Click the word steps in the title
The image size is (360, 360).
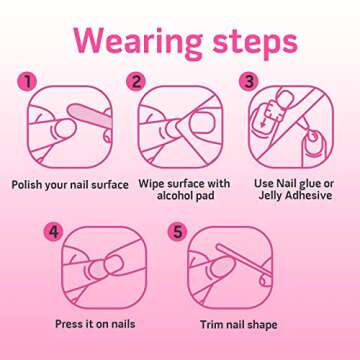point(250,42)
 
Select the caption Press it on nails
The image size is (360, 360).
point(95,324)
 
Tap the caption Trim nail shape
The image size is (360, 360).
point(238,325)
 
